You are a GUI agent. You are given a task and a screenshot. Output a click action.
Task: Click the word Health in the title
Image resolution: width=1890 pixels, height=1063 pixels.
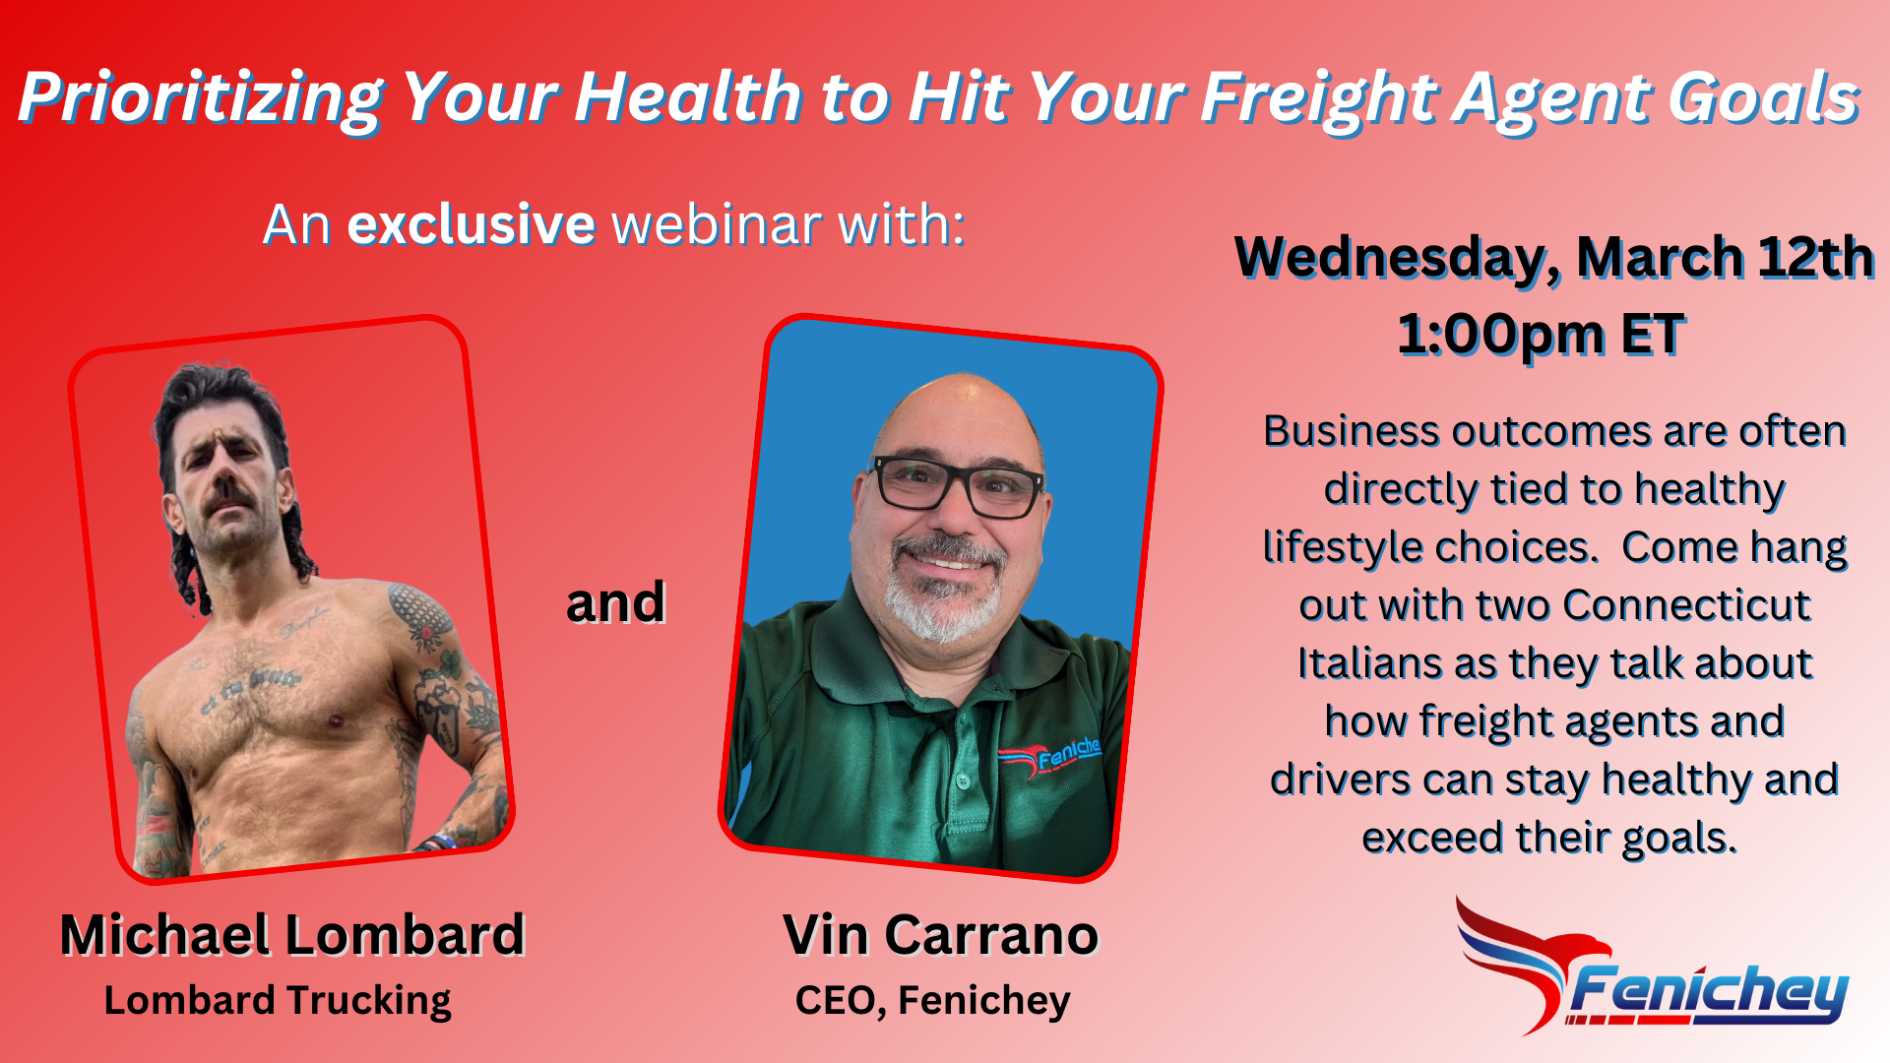(688, 98)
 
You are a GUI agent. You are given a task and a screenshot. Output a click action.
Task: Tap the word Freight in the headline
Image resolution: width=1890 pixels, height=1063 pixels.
(1320, 98)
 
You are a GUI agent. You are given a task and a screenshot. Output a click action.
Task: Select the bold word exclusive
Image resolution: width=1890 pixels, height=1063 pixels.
(471, 224)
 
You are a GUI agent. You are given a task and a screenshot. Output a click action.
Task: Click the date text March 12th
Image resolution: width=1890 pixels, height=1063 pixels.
(1724, 258)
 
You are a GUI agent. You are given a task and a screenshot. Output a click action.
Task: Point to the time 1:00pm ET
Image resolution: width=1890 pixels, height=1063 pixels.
(1541, 335)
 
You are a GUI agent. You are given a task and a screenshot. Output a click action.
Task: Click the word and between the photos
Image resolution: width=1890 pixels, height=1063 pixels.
(615, 602)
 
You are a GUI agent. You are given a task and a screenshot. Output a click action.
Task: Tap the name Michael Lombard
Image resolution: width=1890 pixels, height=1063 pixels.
(292, 934)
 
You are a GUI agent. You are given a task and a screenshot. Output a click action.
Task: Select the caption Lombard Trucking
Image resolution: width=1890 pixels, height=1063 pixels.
(278, 1001)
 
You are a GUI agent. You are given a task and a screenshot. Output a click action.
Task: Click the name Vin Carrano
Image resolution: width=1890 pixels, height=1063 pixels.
(940, 934)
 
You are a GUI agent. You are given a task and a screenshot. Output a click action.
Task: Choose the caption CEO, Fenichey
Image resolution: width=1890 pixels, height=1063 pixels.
(932, 1001)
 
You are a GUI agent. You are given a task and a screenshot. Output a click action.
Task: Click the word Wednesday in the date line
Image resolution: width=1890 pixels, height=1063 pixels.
(1397, 258)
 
